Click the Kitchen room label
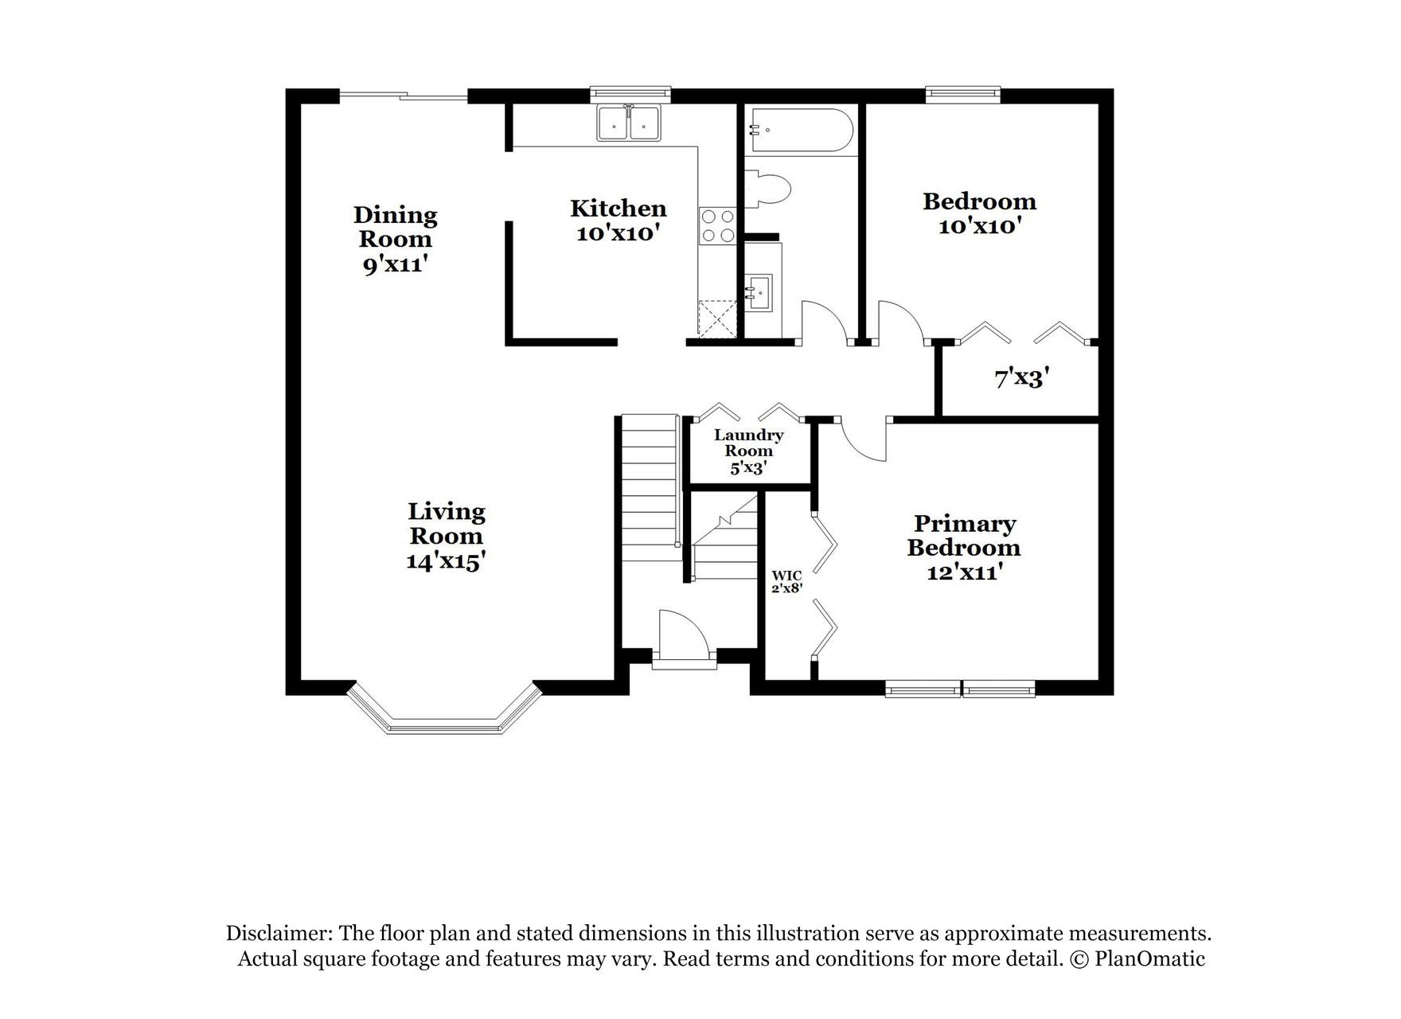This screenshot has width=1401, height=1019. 618,221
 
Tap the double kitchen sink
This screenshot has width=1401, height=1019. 629,124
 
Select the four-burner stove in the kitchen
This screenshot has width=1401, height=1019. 716,225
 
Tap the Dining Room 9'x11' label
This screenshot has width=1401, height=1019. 395,239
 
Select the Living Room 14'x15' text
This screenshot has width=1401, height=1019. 446,536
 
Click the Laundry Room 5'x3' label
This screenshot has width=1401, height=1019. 748,451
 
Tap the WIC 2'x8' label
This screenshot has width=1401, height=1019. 786,581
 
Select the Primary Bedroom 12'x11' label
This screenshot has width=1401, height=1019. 963,547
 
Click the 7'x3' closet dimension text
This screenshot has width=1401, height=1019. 1021,378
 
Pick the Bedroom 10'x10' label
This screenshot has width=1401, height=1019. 979,213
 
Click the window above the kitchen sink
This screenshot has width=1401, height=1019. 630,94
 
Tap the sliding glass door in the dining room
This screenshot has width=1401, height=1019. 404,96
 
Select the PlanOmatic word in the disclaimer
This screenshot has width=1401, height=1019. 1149,958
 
